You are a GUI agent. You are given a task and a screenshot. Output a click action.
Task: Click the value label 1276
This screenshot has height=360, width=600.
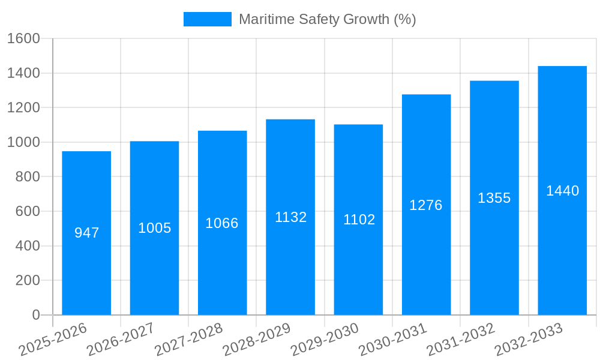[x=426, y=205]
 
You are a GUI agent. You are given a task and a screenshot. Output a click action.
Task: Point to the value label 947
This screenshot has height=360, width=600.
[x=86, y=233]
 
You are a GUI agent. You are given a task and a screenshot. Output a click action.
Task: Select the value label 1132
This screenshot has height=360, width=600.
[x=290, y=217]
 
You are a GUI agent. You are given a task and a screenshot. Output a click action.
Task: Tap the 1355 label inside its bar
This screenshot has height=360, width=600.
[x=494, y=198]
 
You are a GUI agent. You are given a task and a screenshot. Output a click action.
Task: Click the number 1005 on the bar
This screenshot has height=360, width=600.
[x=154, y=228]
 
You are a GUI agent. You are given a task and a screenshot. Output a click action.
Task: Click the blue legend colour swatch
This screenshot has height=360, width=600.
[x=207, y=19]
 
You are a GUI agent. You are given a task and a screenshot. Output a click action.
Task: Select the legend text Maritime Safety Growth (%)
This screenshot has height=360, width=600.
[x=327, y=19]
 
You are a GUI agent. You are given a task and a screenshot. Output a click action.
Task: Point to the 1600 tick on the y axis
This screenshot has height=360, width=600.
[x=23, y=38]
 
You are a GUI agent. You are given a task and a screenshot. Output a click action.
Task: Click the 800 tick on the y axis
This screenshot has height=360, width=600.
[x=28, y=177]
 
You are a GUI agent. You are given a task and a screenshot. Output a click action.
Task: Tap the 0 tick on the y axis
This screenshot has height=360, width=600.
[x=35, y=315]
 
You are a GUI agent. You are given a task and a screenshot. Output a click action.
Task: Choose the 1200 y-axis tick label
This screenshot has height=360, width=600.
[x=23, y=108]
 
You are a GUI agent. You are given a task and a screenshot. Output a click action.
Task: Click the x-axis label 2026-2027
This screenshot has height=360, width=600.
[x=121, y=340]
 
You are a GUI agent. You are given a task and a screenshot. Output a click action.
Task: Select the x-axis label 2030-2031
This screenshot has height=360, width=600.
[x=392, y=340]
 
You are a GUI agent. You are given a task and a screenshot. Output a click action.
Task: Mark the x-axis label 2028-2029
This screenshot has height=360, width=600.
[x=257, y=340]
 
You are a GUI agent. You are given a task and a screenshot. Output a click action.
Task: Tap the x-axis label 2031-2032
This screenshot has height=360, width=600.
[x=460, y=340]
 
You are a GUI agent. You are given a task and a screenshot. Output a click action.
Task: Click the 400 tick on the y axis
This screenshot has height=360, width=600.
[x=28, y=246]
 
